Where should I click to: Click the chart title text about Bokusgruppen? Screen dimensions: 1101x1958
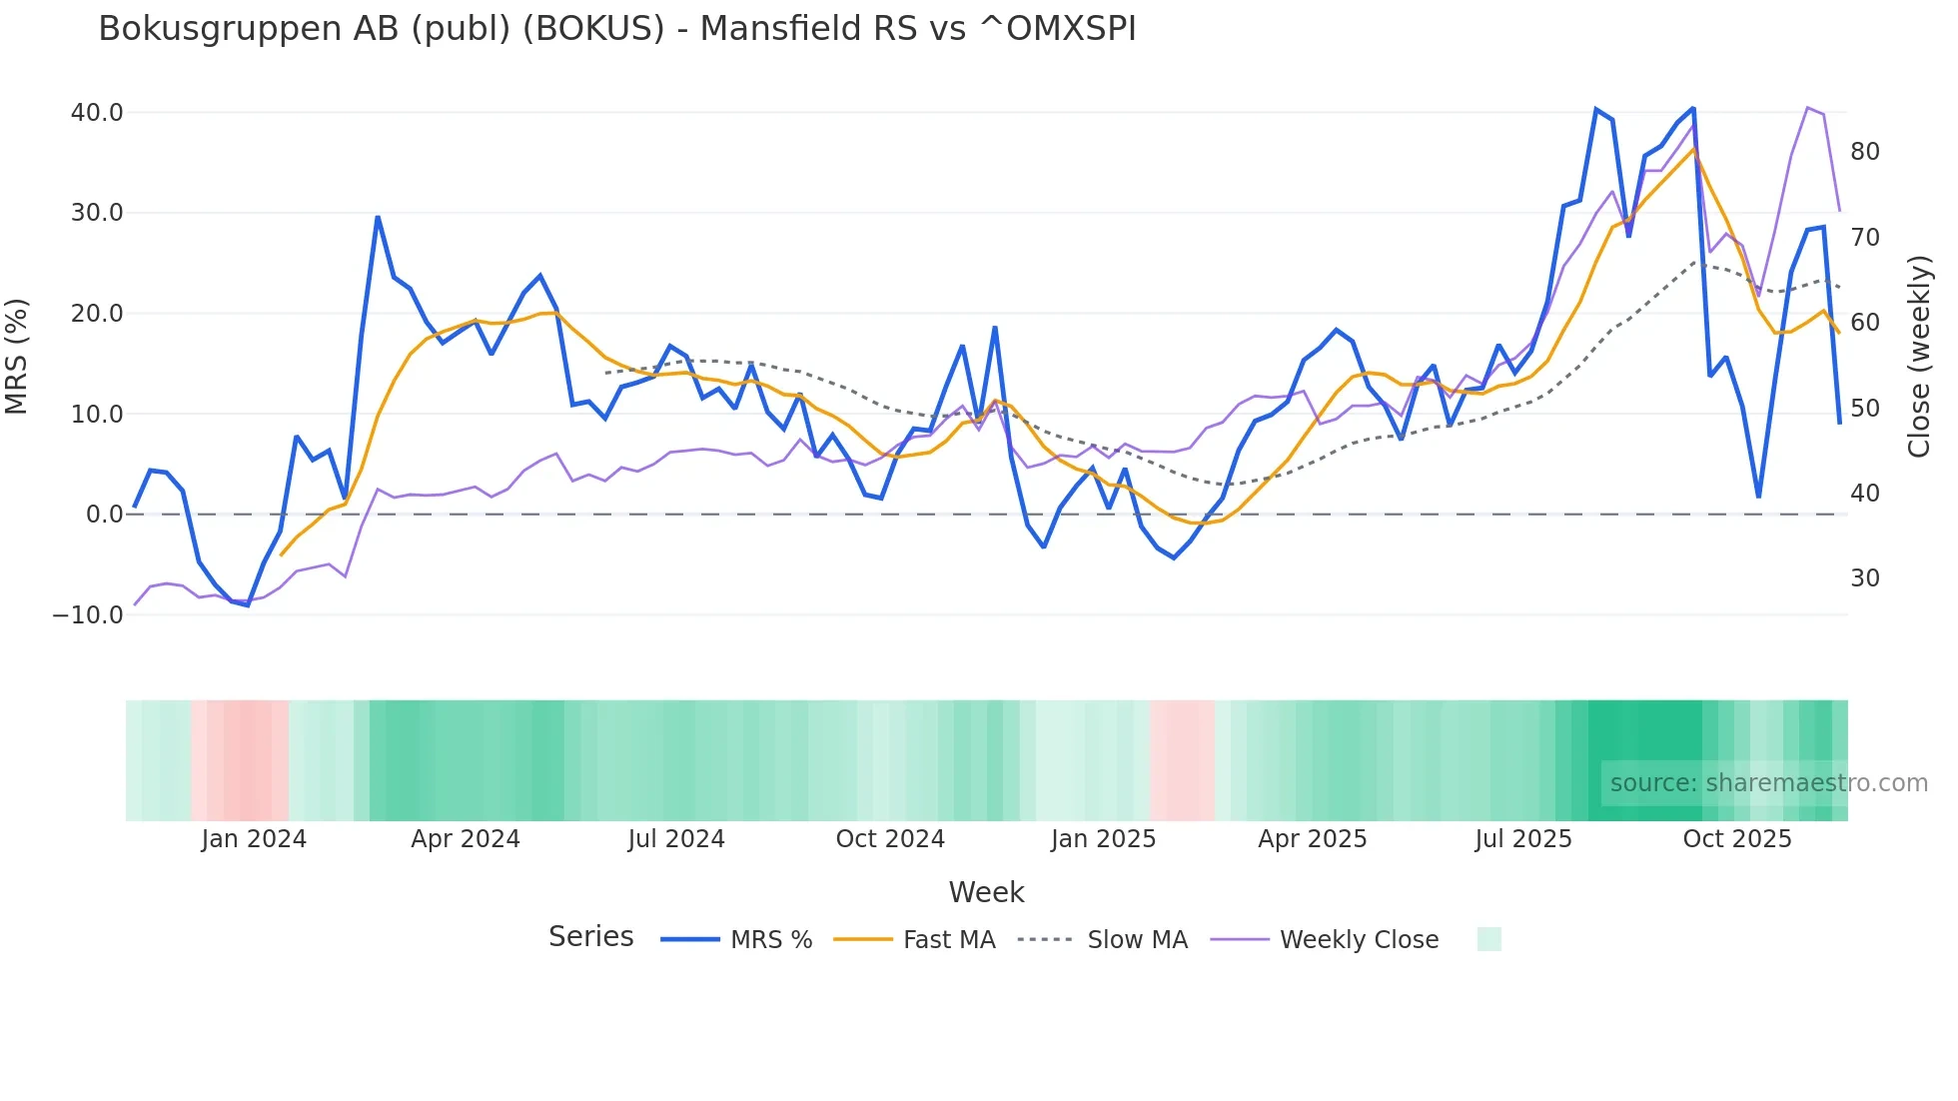click(616, 29)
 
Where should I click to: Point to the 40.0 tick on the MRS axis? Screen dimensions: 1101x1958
click(97, 113)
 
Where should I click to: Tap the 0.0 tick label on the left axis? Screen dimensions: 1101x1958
click(104, 515)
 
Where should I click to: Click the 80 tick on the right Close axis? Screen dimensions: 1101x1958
click(1864, 152)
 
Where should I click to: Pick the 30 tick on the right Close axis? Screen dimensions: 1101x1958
click(1864, 578)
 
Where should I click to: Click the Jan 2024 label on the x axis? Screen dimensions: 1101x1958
click(254, 839)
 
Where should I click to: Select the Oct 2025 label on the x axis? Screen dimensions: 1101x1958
click(1736, 839)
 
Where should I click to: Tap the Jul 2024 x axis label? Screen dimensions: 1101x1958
click(676, 839)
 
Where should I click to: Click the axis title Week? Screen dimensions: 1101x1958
click(986, 892)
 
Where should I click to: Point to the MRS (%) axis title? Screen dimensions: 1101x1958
click(17, 357)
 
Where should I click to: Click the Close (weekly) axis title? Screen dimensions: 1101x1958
click(1919, 357)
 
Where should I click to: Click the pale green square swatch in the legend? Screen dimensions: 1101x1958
click(1488, 939)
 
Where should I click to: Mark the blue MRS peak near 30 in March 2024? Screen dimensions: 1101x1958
click(378, 217)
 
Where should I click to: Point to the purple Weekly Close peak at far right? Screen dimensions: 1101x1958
click(1808, 108)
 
